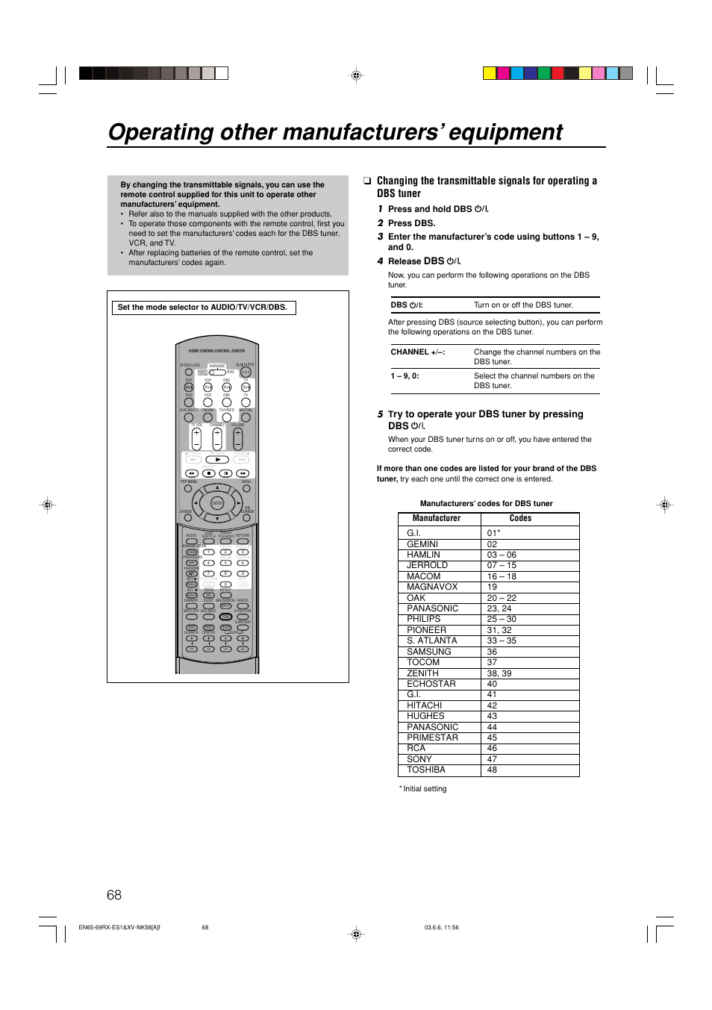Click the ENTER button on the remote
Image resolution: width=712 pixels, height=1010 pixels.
coord(217,504)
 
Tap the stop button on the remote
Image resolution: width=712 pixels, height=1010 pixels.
coord(209,473)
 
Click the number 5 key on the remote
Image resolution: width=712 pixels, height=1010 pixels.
coord(225,563)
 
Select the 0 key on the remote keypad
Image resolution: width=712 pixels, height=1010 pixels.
coord(225,585)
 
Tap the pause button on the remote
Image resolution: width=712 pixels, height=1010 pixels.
coord(225,473)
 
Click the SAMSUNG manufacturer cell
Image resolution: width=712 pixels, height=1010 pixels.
coord(429,652)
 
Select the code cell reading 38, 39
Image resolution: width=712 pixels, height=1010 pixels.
coord(499,673)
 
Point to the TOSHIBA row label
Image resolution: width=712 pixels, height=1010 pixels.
coord(426,770)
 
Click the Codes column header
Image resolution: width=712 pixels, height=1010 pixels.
coord(520,518)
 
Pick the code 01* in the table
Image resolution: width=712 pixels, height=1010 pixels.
coord(493,533)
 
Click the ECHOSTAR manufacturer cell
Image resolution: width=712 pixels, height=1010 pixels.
coord(431,684)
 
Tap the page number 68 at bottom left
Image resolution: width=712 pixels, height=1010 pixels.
coord(114,895)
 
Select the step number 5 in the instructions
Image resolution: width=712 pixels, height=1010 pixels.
coord(380,414)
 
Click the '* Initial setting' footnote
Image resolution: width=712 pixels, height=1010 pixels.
coord(424,789)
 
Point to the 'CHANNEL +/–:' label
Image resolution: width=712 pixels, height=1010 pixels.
coord(417,352)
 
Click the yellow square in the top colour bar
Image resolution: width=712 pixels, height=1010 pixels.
coord(489,73)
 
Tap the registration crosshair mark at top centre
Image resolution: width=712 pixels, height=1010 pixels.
coord(357,75)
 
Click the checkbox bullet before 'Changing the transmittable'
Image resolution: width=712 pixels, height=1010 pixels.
coord(367,181)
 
